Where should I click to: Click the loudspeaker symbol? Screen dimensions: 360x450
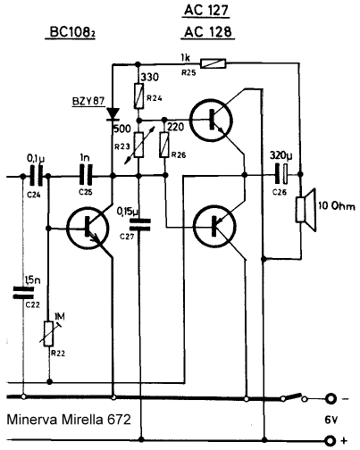305,210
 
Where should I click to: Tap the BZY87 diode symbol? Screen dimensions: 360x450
113,114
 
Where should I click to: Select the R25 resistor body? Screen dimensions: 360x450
213,63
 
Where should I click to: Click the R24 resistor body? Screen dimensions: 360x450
138,96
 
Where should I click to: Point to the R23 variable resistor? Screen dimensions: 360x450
138,146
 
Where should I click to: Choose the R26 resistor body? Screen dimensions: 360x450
164,145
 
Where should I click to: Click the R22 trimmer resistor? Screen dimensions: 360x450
49,333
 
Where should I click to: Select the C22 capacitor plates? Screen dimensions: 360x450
23,292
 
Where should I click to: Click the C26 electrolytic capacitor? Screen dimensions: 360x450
281,174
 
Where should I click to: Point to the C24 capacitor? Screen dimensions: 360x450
36,177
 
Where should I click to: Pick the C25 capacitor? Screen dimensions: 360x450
86,176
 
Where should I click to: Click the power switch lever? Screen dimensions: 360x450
292,396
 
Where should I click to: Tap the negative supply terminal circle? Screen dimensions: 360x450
331,398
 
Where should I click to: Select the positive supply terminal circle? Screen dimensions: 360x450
331,440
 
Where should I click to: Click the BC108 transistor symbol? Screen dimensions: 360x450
88,229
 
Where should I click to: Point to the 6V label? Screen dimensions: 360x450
331,420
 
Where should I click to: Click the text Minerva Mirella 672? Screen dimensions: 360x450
69,420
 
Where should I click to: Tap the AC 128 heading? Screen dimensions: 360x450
208,32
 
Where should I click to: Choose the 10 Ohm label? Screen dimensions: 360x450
337,206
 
